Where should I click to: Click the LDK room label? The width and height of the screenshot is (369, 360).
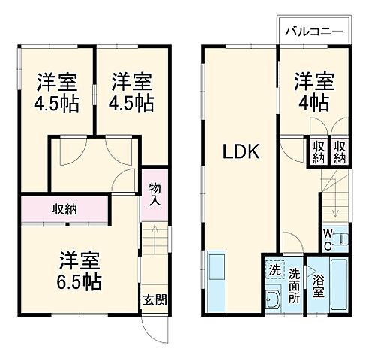tap(239, 152)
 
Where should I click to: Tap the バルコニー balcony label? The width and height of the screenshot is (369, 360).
tap(314, 33)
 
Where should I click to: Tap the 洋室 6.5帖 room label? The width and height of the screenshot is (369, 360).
tap(77, 271)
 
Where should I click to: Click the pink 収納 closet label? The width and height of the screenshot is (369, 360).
tap(64, 208)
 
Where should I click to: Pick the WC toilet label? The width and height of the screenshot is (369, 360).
tap(328, 240)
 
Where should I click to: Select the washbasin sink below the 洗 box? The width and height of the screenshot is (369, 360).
tap(272, 300)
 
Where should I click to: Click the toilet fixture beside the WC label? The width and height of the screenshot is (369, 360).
tap(342, 240)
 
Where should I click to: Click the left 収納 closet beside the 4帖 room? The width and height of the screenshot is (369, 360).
tap(318, 152)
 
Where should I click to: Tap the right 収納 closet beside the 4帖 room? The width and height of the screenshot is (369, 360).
tap(339, 152)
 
